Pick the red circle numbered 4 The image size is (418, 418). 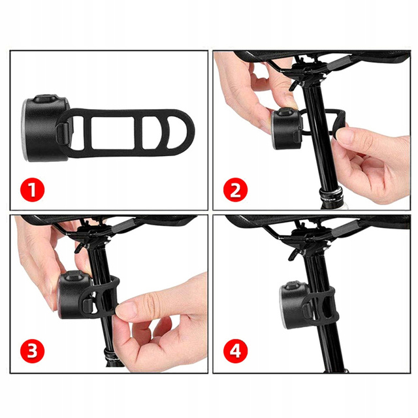point(236,352)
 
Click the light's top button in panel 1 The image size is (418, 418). point(44,99)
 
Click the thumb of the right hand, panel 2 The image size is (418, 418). point(358,138)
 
